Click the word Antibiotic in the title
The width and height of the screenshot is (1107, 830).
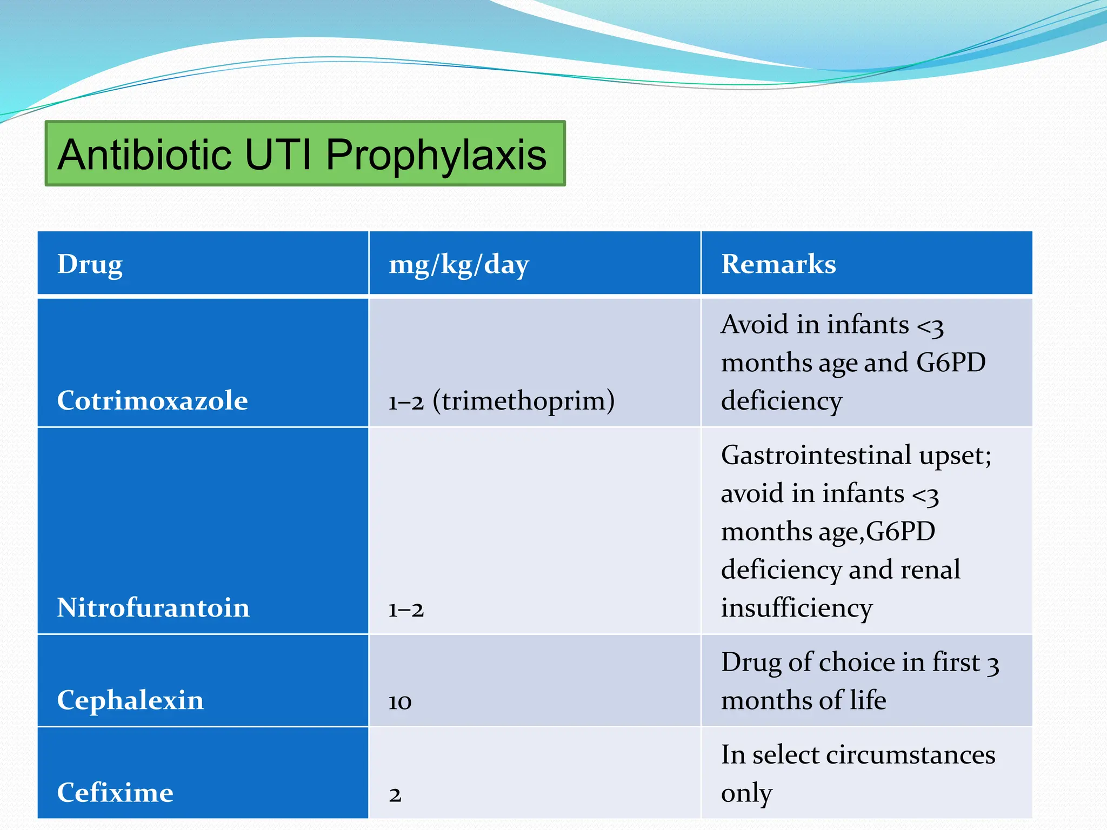pos(145,155)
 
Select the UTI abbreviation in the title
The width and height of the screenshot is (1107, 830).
pos(278,155)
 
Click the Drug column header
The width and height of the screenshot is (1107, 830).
pos(90,264)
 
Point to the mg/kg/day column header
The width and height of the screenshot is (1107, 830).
pos(458,265)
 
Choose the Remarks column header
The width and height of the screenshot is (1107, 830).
pos(778,264)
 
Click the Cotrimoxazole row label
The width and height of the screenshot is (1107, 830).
pos(152,401)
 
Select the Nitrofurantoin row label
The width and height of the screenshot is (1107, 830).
pos(154,608)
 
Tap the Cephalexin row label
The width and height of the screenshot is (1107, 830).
pos(130,700)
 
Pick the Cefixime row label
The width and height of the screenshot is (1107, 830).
pos(115,793)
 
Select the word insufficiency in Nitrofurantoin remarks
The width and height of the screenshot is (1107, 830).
pos(797,608)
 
